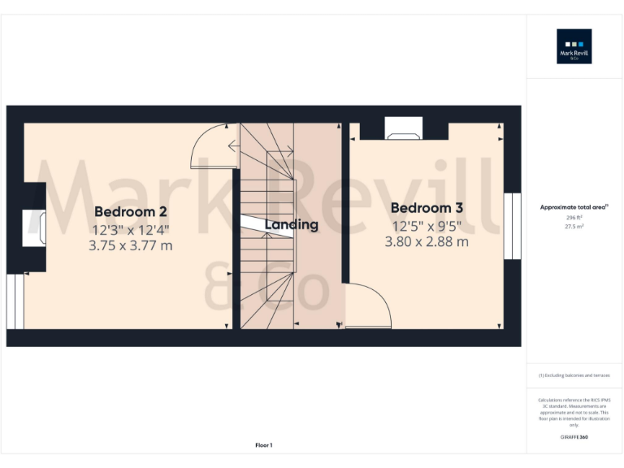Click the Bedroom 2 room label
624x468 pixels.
point(131,212)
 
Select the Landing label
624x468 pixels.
point(290,224)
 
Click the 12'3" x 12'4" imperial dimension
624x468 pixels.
point(131,230)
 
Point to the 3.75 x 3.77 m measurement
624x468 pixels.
point(131,245)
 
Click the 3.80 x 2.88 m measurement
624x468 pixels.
point(427,241)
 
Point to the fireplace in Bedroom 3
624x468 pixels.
point(404,128)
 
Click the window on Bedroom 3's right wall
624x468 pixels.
point(512,226)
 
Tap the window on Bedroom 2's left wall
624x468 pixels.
point(15,301)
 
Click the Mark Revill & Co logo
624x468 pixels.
point(574,46)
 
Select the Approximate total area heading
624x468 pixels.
point(574,208)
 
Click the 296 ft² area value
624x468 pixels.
point(574,218)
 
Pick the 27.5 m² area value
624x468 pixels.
point(574,227)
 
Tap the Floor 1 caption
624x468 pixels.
point(263,444)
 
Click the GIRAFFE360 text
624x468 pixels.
point(574,438)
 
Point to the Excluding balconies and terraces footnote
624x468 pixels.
point(574,375)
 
